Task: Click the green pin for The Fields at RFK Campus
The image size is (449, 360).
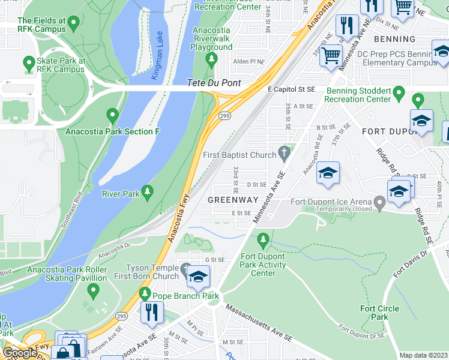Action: pos(74,23)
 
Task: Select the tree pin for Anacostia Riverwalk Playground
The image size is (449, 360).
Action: pos(211,59)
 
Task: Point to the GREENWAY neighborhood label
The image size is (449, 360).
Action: pos(233,199)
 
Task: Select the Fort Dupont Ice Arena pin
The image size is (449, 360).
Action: pos(379,203)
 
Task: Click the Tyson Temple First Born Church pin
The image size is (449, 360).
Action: pos(185,269)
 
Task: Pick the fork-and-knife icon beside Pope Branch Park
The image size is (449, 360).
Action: pos(152,311)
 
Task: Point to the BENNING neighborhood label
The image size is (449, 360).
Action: pos(394,39)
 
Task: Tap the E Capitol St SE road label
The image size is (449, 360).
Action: pos(291,89)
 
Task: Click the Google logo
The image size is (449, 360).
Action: pos(20,352)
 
